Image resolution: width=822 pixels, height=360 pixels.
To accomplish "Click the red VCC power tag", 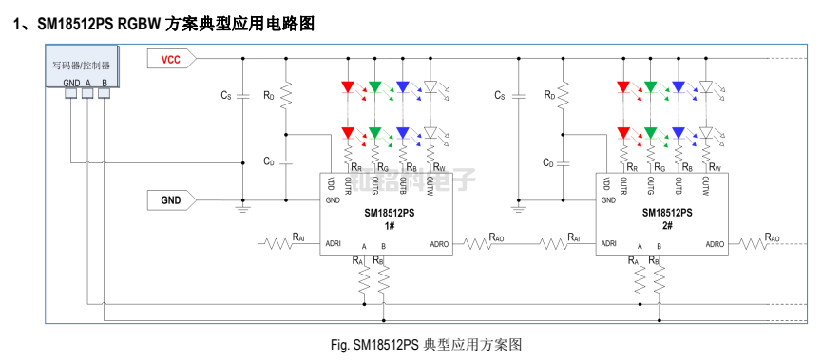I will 171,60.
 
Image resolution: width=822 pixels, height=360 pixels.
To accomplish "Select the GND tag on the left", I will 171,200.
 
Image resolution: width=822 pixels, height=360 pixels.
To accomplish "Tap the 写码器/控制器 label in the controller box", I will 81,66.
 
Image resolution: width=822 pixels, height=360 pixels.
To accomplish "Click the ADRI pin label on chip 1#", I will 334,243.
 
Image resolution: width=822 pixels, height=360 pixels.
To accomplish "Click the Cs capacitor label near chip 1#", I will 225,96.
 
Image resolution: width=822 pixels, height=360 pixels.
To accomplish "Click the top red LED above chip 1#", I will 347,88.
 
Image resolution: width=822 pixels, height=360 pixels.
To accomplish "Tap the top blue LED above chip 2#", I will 679,88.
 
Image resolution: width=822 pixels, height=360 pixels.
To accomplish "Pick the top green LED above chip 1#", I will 374,88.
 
